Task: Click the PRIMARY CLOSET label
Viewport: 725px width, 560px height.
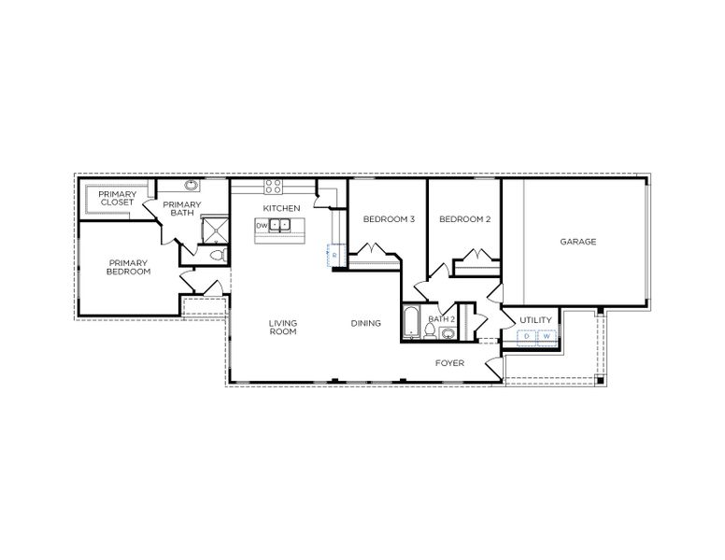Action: point(117,198)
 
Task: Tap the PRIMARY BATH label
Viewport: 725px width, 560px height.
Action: point(182,208)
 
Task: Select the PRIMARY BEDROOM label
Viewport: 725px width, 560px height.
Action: point(129,267)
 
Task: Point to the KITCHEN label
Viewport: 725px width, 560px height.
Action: point(281,207)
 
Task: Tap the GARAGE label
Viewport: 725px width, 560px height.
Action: point(578,242)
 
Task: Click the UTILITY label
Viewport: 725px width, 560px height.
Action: point(536,320)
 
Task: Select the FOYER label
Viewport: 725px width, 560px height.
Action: point(450,360)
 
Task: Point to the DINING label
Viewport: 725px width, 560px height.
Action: point(366,324)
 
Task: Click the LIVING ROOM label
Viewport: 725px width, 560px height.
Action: point(283,328)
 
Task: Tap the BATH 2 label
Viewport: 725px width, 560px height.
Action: point(441,319)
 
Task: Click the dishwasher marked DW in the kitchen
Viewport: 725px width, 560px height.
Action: point(263,225)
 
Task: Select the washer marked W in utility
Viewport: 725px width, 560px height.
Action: point(547,337)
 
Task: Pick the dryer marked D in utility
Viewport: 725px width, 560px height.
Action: point(526,337)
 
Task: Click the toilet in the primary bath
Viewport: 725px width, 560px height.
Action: point(216,254)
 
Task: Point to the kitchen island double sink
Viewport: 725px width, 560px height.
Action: point(282,225)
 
